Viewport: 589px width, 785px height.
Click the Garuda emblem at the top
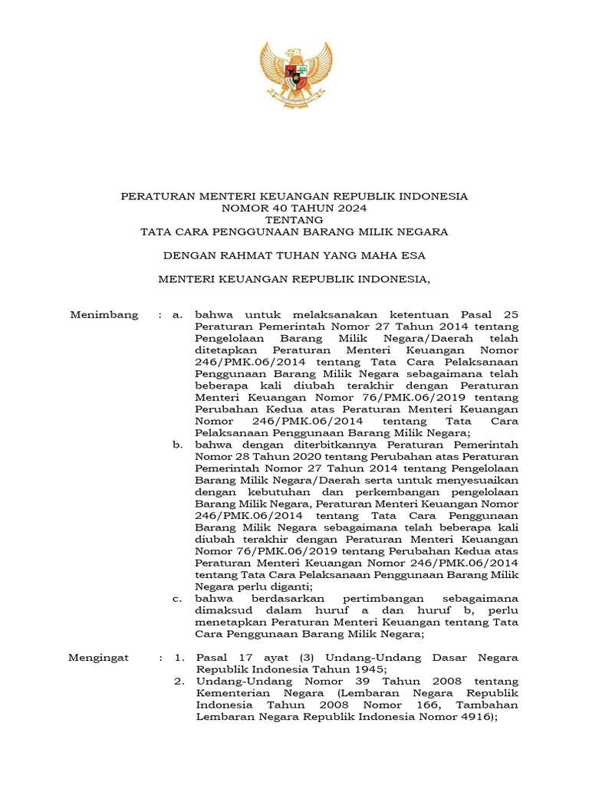point(295,74)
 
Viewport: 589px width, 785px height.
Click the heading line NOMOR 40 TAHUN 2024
point(294,208)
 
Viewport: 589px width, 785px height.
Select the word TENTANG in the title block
point(294,219)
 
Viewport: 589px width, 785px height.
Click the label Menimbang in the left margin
point(104,314)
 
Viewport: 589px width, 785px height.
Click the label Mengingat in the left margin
point(100,658)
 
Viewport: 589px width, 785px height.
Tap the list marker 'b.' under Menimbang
point(177,444)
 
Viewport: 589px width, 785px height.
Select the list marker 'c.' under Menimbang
point(177,598)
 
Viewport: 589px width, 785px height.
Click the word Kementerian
point(234,693)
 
